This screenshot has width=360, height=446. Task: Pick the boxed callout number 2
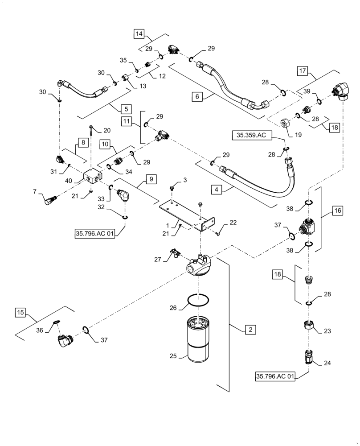[x=250, y=330]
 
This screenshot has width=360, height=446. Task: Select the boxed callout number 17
[x=303, y=70]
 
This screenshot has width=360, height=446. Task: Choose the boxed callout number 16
[x=337, y=211]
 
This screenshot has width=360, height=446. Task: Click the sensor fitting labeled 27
[x=173, y=254]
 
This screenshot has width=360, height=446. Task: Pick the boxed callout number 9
[x=151, y=179]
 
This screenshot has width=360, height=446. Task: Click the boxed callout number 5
[x=126, y=108]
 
